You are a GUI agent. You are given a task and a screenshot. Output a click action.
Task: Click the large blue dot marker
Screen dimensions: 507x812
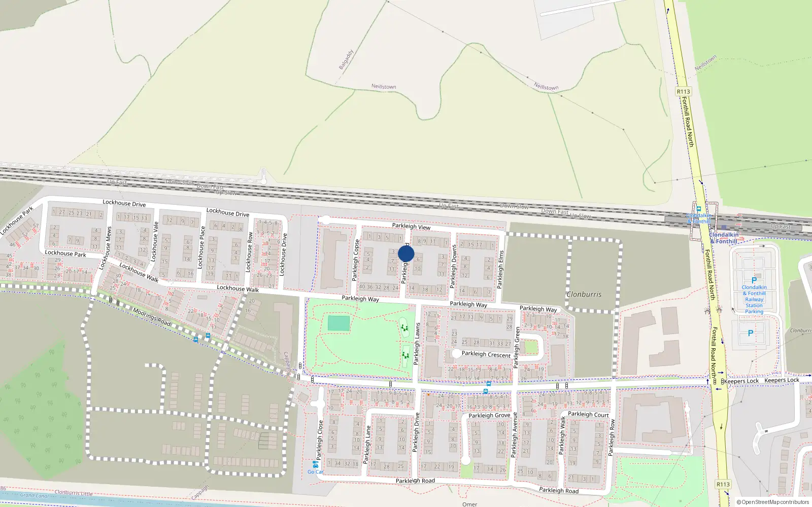[x=406, y=253]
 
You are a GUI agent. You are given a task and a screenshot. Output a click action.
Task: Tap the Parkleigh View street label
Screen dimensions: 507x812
[x=411, y=227]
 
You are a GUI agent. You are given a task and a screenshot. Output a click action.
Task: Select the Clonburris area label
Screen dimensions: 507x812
[x=584, y=294]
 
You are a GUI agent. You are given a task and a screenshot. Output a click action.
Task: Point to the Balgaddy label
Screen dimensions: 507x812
[x=346, y=60]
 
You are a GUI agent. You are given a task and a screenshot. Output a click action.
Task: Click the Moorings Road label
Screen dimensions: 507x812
[x=152, y=317]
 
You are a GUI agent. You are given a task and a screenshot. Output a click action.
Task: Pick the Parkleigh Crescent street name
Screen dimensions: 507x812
[x=486, y=354]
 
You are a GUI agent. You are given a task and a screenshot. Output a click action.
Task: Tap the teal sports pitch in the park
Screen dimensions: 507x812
[x=339, y=323]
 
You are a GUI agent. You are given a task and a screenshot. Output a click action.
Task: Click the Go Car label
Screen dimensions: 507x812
[x=315, y=472]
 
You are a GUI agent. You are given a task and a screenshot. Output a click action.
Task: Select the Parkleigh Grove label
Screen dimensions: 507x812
[x=489, y=415]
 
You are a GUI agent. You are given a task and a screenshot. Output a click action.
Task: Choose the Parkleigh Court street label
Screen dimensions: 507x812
[x=588, y=414]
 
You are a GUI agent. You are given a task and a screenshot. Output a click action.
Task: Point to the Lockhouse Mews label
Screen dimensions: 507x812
[x=106, y=248]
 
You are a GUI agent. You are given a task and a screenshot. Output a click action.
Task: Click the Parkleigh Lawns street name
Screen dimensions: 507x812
[x=417, y=344]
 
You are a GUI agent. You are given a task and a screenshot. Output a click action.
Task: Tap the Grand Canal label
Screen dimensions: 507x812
[x=35, y=495]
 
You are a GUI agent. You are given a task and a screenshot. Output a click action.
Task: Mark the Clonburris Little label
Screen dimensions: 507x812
[x=74, y=493]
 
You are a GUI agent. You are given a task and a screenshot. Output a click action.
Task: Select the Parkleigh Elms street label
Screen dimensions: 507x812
[x=501, y=270]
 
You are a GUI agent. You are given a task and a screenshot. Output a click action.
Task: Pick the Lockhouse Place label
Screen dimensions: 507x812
[x=201, y=247]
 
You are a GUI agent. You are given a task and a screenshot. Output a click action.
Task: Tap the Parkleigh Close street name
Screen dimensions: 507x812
[x=320, y=440]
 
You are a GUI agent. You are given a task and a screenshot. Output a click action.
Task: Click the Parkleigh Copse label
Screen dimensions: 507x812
[x=356, y=260]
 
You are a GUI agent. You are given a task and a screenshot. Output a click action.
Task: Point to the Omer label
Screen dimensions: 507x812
[x=469, y=504]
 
